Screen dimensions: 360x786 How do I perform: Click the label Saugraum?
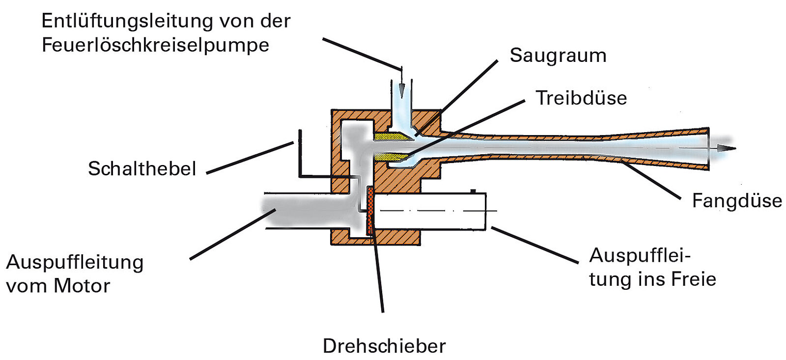point(558,55)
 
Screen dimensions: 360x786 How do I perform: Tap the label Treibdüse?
point(581,98)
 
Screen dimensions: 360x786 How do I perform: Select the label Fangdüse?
point(736,201)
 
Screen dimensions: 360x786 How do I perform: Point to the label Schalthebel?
point(142,169)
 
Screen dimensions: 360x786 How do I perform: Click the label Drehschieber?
point(384,346)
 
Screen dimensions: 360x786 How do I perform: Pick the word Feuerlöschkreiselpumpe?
point(155,45)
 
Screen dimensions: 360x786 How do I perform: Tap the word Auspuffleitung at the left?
point(75,262)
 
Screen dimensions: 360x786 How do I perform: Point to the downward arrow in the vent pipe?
point(402,88)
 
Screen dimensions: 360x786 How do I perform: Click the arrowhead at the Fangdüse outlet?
point(727,148)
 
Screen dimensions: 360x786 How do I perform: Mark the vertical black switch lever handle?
point(299,152)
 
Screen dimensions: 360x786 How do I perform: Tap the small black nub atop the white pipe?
point(473,191)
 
